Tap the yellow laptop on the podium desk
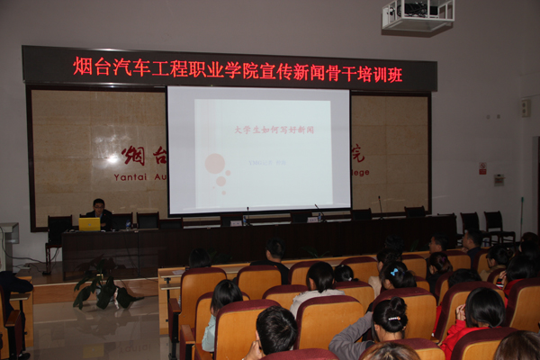pyautogui.click(x=89, y=223)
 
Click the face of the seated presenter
pyautogui.click(x=99, y=206)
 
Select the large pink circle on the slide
pyautogui.click(x=215, y=163)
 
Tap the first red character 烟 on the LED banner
pyautogui.click(x=82, y=67)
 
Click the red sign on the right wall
pyautogui.click(x=482, y=168)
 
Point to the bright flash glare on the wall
pyautogui.click(x=112, y=158)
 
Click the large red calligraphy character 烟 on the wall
pyautogui.click(x=134, y=154)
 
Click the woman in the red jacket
pyautogui.click(x=473, y=319)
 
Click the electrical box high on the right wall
pyautogui.click(x=525, y=107)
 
